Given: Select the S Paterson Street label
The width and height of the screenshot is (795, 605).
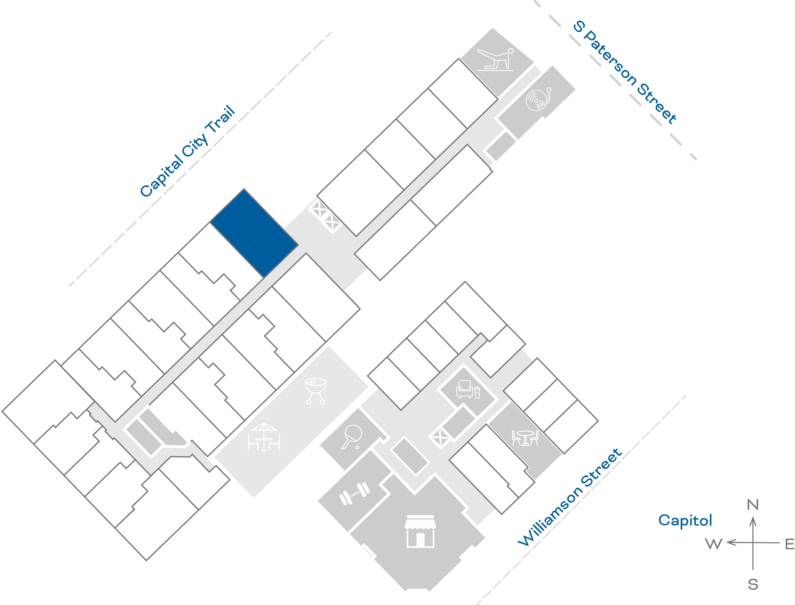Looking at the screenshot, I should click(625, 72).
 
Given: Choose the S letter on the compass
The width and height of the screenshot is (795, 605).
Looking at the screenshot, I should click(753, 584).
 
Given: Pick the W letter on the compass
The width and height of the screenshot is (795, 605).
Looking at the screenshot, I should click(714, 544).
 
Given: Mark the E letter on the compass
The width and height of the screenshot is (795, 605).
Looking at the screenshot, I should click(789, 544).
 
